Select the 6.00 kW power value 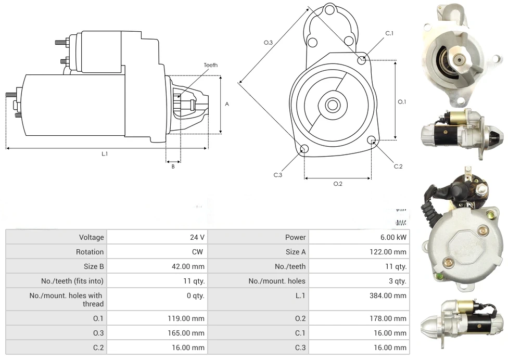click(397, 237)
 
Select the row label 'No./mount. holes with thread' click(66, 300)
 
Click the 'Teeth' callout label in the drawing click(211, 65)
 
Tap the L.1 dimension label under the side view click(105, 154)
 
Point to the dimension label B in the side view click(173, 166)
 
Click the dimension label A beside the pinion click(227, 104)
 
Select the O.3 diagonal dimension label click(268, 43)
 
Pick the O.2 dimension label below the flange click(337, 184)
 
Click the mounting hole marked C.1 click(362, 60)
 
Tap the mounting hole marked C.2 click(372, 140)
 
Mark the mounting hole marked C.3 click(304, 150)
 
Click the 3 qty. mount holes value click(397, 281)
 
